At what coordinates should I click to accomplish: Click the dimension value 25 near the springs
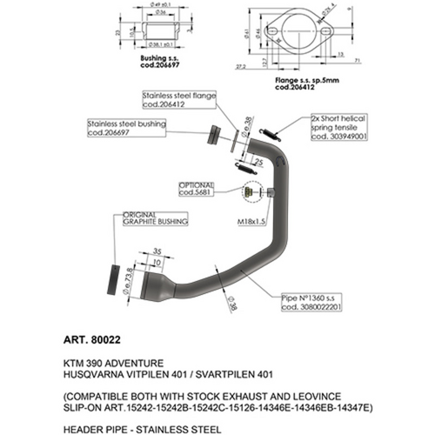[x=259, y=162]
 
